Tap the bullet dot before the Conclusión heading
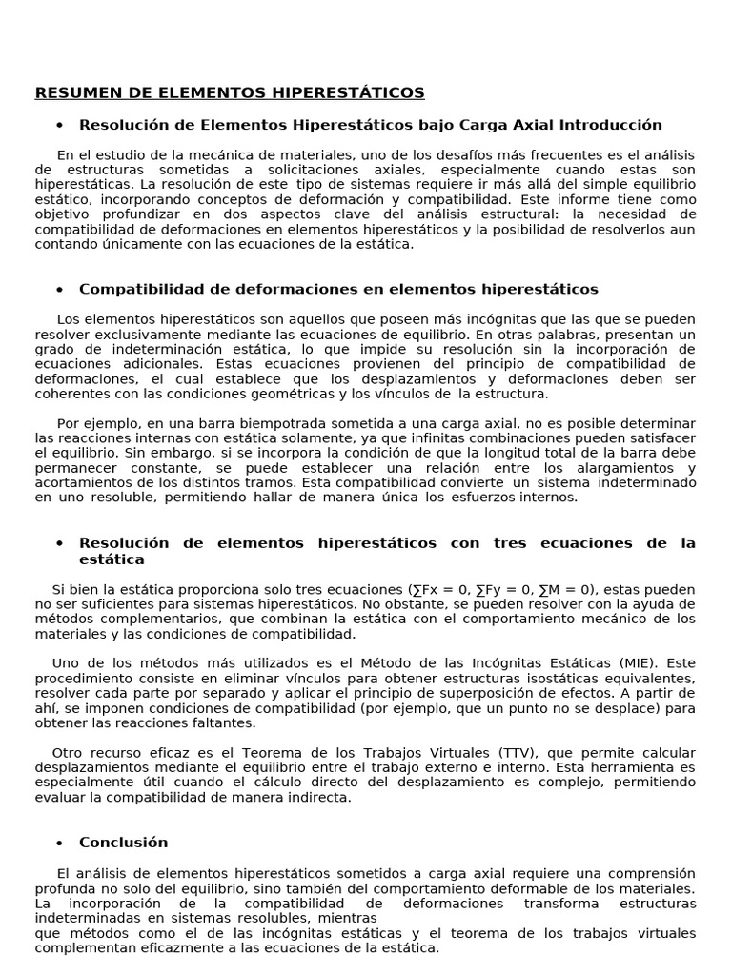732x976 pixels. pos(59,843)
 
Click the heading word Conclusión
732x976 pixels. pos(123,843)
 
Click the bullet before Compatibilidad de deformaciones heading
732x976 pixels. pos(59,290)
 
